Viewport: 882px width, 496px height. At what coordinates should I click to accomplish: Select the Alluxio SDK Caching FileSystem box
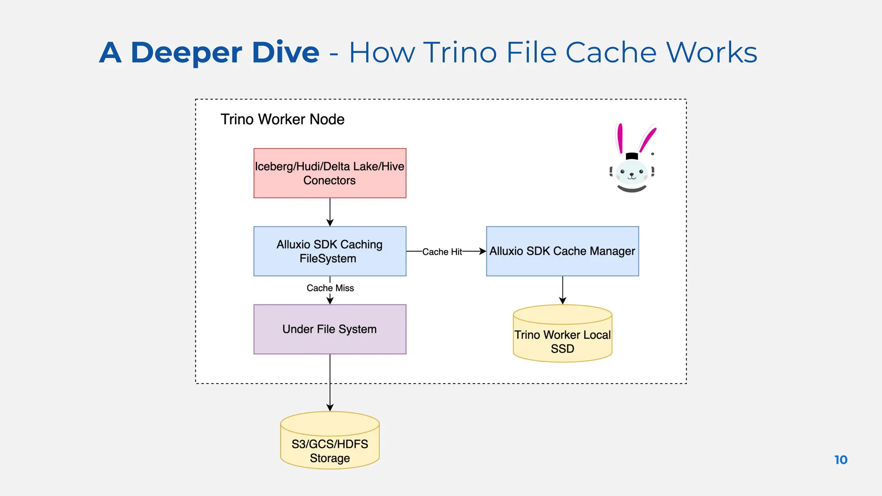pyautogui.click(x=329, y=251)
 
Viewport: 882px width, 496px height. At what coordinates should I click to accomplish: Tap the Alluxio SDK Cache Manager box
pyautogui.click(x=562, y=251)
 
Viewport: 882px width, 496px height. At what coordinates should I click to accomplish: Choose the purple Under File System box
pyautogui.click(x=329, y=329)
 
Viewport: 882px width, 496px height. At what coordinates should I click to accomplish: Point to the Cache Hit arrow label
pyautogui.click(x=442, y=252)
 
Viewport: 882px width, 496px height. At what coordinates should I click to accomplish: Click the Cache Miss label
pyautogui.click(x=330, y=288)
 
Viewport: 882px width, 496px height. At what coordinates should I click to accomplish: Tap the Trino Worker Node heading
pyautogui.click(x=282, y=119)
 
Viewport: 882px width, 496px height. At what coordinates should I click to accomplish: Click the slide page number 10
pyautogui.click(x=841, y=460)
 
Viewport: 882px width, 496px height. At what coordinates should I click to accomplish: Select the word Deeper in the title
pyautogui.click(x=186, y=53)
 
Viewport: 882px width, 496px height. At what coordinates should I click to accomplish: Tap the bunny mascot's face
pyautogui.click(x=631, y=173)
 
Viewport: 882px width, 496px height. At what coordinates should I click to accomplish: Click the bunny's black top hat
pyautogui.click(x=631, y=156)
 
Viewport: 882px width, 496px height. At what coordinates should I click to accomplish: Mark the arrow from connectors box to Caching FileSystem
pyautogui.click(x=330, y=212)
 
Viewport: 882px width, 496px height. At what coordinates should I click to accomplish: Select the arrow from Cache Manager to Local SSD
pyautogui.click(x=562, y=290)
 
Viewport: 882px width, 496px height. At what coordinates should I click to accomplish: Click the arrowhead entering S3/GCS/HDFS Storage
pyautogui.click(x=330, y=407)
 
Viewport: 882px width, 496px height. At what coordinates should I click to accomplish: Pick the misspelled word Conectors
pyautogui.click(x=329, y=180)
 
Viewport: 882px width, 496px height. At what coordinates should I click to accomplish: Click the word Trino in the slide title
pyautogui.click(x=460, y=53)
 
